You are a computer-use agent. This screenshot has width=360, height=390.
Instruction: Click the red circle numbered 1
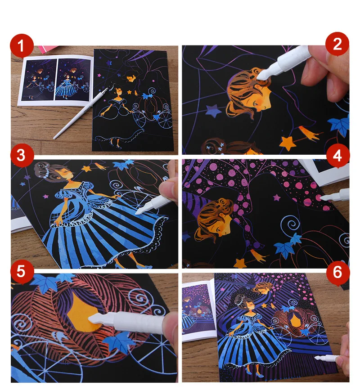tap(22, 45)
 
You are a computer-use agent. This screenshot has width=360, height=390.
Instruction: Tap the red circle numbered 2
tap(337, 44)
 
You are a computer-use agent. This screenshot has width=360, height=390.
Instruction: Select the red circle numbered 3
tap(22, 156)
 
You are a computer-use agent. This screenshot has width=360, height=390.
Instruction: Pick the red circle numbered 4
tap(337, 156)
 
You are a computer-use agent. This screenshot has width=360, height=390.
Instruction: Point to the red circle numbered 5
tap(22, 271)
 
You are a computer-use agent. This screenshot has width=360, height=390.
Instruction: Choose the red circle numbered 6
tap(337, 272)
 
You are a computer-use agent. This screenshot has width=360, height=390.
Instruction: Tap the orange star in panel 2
tap(288, 143)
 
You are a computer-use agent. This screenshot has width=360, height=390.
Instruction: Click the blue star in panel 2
tap(213, 111)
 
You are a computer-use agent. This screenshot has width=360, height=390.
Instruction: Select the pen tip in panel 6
tap(317, 358)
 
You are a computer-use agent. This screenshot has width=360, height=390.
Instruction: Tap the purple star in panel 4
tap(277, 198)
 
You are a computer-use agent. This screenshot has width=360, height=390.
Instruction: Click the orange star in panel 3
tap(86, 169)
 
